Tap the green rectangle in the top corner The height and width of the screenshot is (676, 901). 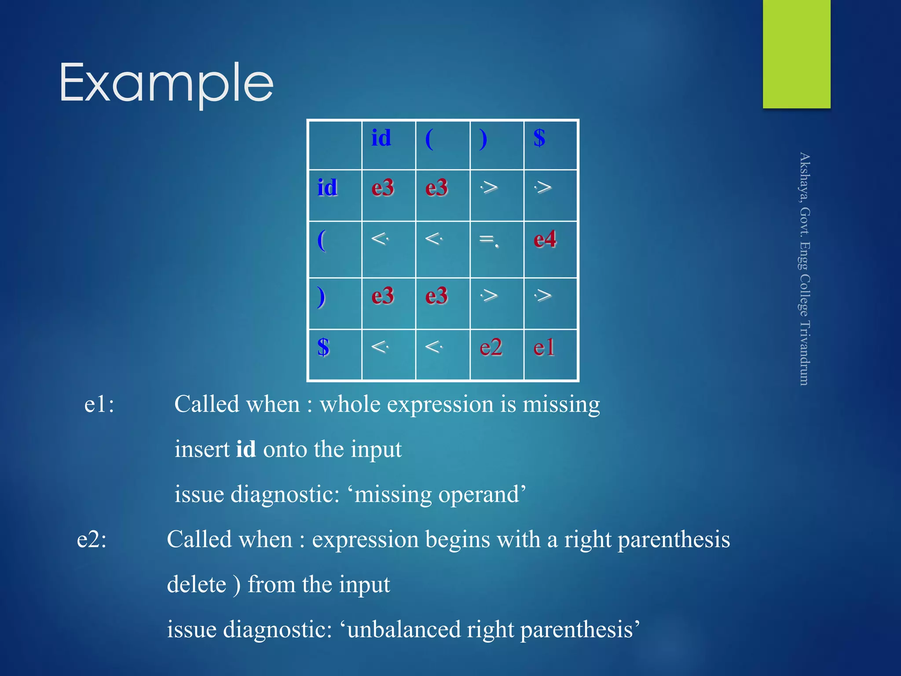pos(796,54)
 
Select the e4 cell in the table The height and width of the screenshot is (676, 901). pos(545,240)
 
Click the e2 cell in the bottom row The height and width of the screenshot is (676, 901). pos(491,347)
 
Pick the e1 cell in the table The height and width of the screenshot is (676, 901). pos(544,347)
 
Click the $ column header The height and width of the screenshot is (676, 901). pos(539,138)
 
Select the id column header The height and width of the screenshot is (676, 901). pos(381,138)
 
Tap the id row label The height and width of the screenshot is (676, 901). pos(327,188)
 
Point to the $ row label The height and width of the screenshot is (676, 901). pos(323,347)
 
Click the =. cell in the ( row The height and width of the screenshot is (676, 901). pos(489,240)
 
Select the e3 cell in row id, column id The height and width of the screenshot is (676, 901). pos(382,188)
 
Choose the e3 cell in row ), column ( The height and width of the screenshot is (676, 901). pos(436,296)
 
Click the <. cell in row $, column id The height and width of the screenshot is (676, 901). pos(380,347)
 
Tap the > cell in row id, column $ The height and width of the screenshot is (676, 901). pos(543,188)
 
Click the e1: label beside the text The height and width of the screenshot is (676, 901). pos(99,404)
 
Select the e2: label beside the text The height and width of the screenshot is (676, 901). pos(92,539)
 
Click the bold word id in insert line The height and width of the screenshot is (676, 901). pos(246,449)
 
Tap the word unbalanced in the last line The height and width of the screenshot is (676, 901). pos(404,630)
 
